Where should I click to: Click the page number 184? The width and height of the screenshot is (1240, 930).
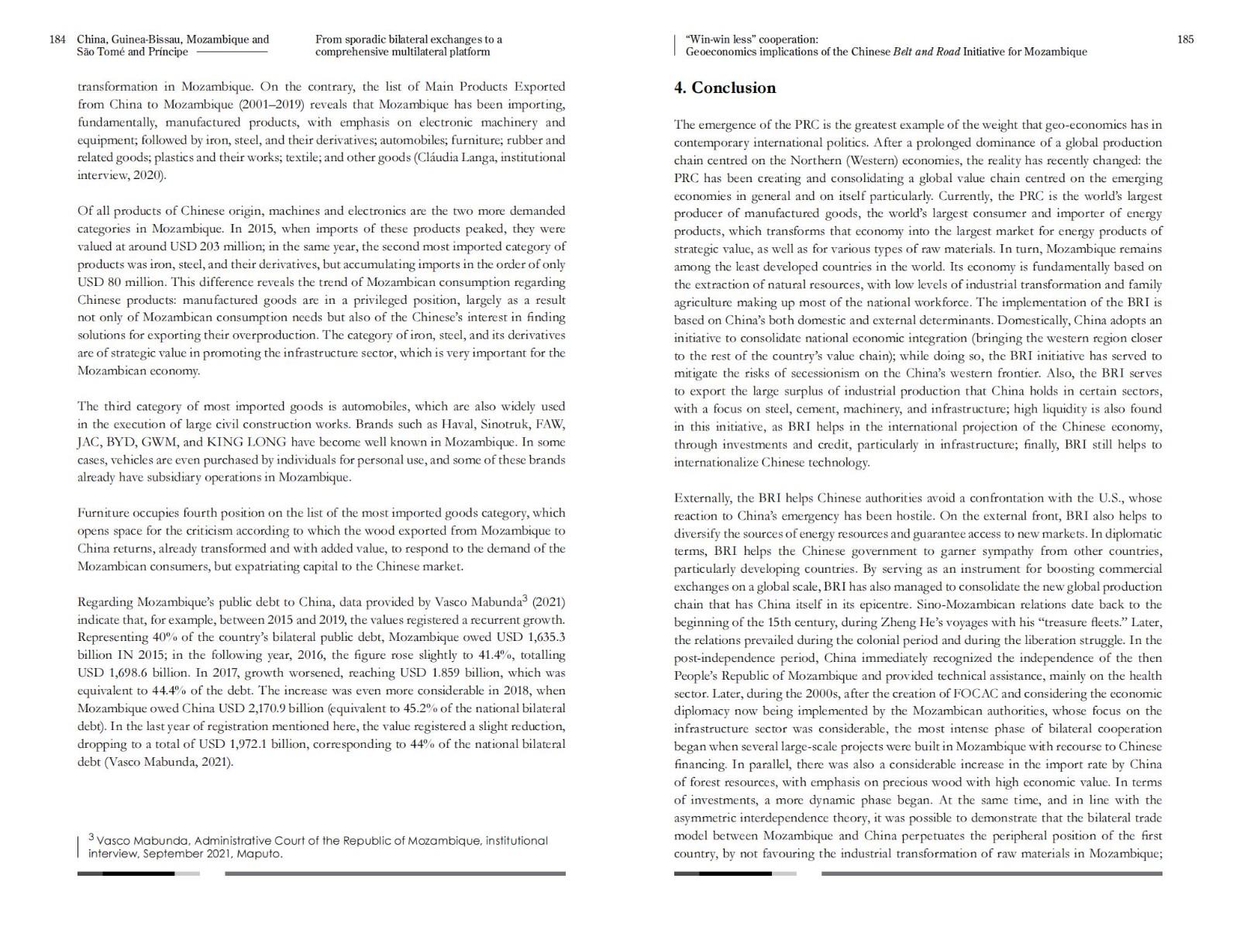pos(57,40)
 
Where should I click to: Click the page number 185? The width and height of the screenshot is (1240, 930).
pos(1185,40)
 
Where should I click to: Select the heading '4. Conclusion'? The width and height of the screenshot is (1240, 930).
pos(725,88)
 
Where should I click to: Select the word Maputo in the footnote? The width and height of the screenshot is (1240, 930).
pos(260,854)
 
